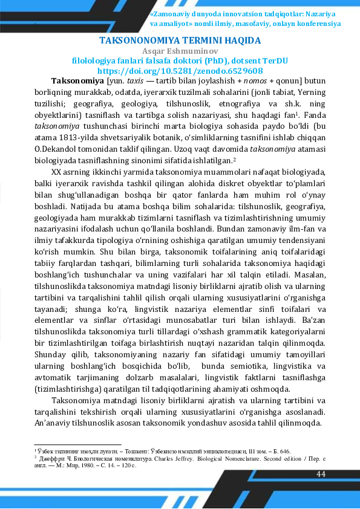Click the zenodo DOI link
pyautogui.click(x=180, y=71)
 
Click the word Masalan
pyautogui.click(x=308, y=275)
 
